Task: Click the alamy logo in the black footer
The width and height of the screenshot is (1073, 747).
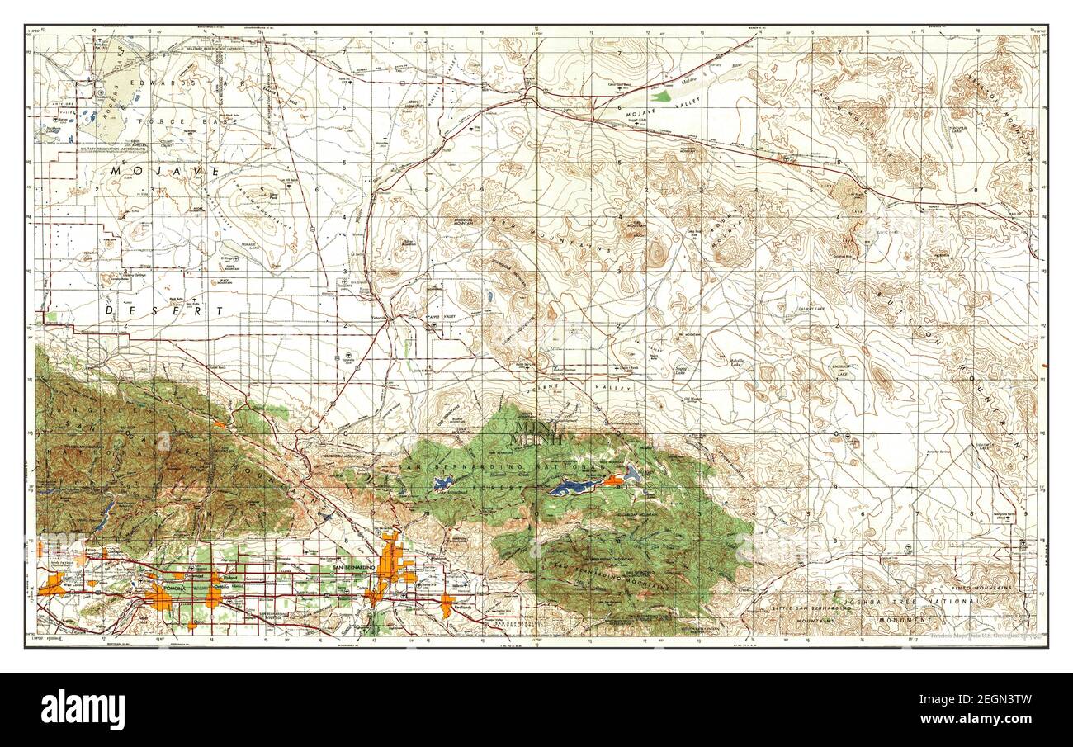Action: (83, 710)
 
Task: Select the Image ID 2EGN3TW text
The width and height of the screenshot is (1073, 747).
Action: (989, 702)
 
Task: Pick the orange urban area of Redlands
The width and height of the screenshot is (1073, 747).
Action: (447, 604)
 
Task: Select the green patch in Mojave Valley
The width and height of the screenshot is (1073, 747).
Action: (659, 96)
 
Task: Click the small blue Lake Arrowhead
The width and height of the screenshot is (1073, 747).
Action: (442, 484)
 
